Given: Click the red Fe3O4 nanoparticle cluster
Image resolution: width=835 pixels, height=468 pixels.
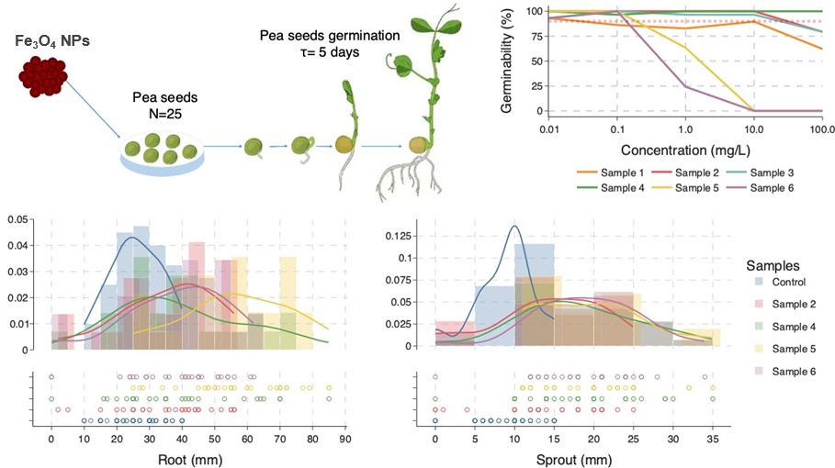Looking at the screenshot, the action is pos(43,76).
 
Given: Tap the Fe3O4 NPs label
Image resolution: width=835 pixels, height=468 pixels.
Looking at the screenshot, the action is pos(52,41).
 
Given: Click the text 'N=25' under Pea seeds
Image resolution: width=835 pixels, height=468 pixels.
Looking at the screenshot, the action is pos(165,113).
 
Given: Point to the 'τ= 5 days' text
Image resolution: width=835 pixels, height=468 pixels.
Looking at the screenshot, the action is pos(330,52).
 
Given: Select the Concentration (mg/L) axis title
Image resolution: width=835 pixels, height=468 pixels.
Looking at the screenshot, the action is pos(685,150).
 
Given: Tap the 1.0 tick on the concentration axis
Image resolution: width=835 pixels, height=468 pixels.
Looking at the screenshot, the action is pos(685,129).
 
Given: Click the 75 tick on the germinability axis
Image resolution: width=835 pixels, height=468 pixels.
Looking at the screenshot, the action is pos(536,36).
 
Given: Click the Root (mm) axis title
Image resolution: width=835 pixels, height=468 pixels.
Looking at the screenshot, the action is pos(190,460).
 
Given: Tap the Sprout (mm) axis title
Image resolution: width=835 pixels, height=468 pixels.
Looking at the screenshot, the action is pos(574,460).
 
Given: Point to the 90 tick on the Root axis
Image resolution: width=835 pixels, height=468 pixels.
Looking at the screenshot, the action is pos(345,440).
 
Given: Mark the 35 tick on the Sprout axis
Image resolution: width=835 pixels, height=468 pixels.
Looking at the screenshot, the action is pos(713,440).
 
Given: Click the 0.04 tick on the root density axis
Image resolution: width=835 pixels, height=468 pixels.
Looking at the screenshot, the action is pos(17,246).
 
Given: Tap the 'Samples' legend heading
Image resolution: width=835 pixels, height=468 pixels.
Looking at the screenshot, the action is pos(773,265).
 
